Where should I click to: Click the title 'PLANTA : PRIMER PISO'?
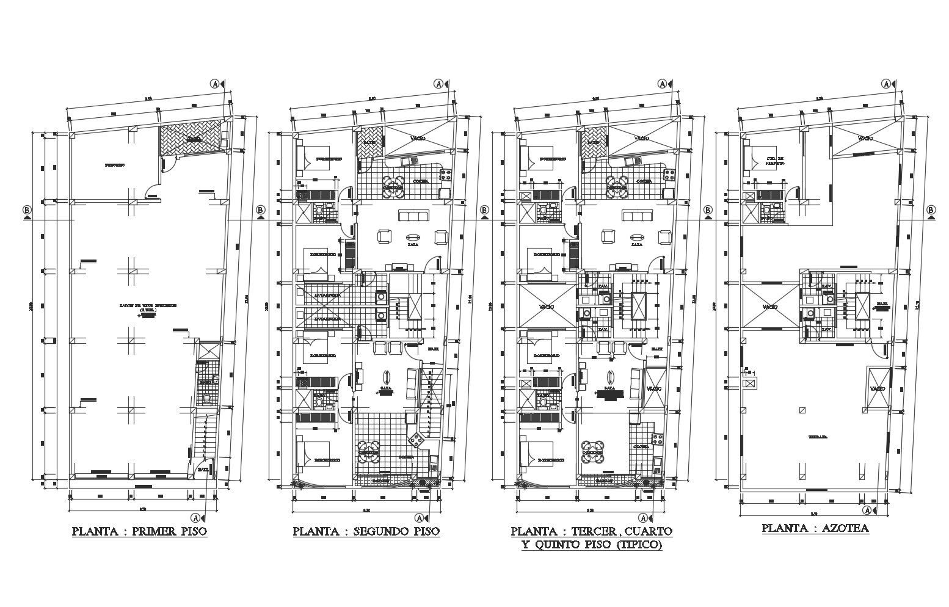click(140, 531)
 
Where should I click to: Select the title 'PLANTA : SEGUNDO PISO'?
click(366, 531)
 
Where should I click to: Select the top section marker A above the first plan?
click(215, 83)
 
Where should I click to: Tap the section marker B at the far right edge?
click(931, 210)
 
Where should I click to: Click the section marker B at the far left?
click(27, 210)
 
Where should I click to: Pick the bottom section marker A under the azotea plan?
click(867, 510)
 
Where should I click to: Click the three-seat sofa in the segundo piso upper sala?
click(415, 215)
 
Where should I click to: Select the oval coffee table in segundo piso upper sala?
click(413, 237)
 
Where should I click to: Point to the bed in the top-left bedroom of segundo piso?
click(304, 156)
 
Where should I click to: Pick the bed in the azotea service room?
click(751, 156)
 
